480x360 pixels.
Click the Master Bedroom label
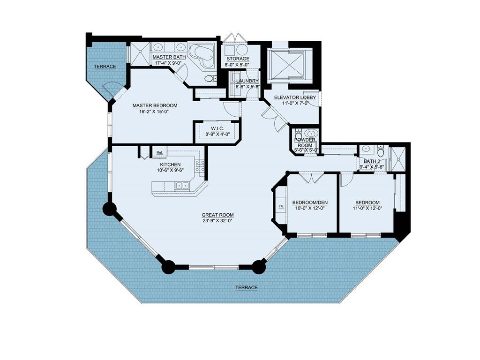coord(155,105)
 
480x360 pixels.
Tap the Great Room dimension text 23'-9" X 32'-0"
coord(217,220)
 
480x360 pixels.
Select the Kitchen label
coord(170,165)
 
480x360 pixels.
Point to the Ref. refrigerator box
coord(159,152)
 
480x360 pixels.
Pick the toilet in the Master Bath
coord(210,79)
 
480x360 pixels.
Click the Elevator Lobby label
coord(295,97)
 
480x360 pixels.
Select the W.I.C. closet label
coord(217,128)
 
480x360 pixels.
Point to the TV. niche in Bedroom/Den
coord(281,207)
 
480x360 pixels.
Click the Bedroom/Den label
coord(310,202)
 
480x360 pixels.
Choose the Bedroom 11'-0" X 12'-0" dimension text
coord(367,208)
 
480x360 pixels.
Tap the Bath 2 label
coord(372,161)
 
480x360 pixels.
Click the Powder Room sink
coord(311,134)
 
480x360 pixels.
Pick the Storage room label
coord(238,59)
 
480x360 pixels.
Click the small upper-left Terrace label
coord(105,67)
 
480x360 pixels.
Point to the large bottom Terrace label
coord(247,287)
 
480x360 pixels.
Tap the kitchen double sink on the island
coord(182,186)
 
